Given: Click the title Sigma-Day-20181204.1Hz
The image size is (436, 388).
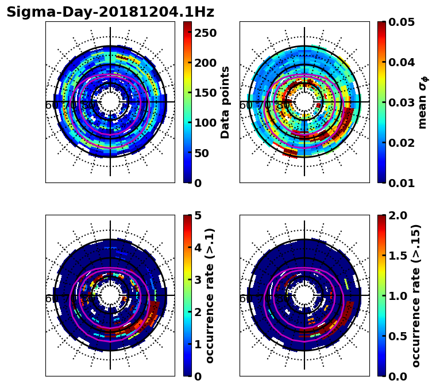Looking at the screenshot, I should coord(110,12).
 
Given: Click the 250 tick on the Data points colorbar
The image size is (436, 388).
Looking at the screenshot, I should coord(205,33).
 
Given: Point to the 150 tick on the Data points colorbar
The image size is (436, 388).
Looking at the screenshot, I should coord(205,93).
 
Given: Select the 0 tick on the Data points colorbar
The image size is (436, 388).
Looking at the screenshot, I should coord(198,183).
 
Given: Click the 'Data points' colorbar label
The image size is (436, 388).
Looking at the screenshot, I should coord(225,102).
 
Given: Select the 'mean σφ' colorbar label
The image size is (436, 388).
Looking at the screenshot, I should coord(422,102).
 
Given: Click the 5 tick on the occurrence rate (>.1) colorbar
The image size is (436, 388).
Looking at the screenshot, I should coord(198,215).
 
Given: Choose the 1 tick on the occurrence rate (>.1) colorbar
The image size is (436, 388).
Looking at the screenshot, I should coord(198,344).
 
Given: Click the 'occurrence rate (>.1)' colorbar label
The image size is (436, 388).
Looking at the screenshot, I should coord(210,295).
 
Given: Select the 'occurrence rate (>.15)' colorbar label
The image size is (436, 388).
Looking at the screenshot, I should coord(416,295).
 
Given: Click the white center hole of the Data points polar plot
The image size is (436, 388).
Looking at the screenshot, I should coord(110,102).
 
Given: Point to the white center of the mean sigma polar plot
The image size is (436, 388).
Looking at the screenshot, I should coord(304,102).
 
